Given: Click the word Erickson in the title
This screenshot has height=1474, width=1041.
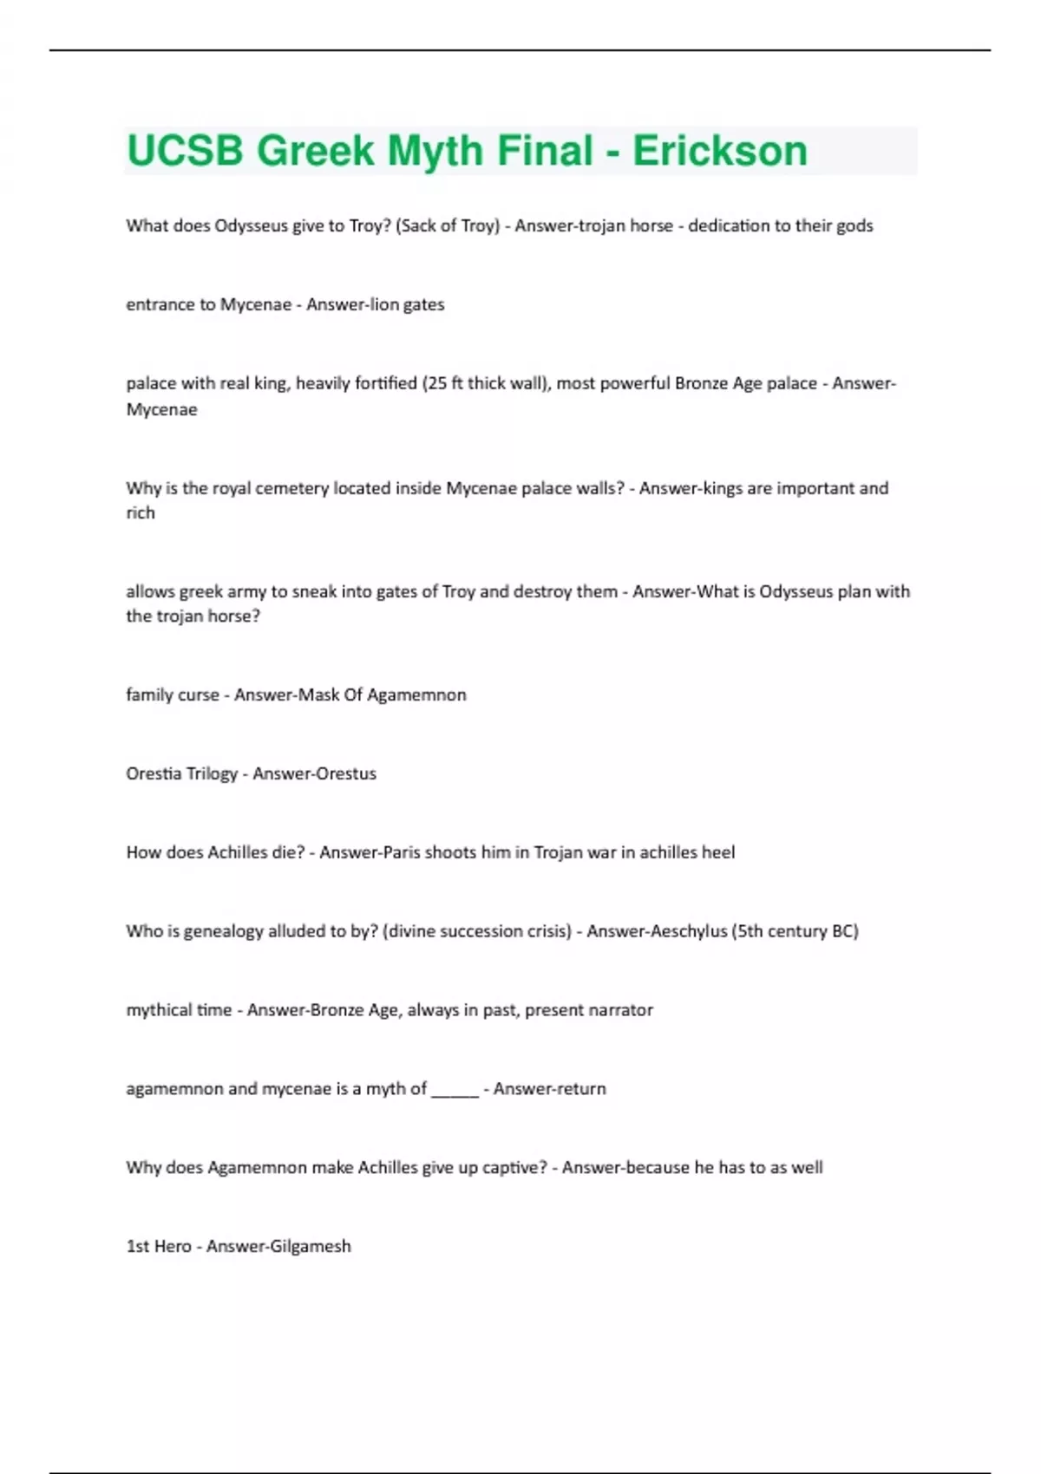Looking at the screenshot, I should coord(719,151).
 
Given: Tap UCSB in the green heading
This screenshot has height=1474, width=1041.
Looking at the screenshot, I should coord(185,151).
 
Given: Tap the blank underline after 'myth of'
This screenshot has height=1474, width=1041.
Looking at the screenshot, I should coord(455,1090).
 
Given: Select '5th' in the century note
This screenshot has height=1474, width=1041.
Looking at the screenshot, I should coord(751,931).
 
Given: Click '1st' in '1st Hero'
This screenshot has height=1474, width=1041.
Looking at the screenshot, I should coord(137,1246).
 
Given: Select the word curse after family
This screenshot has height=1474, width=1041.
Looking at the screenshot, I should coord(198,695).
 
